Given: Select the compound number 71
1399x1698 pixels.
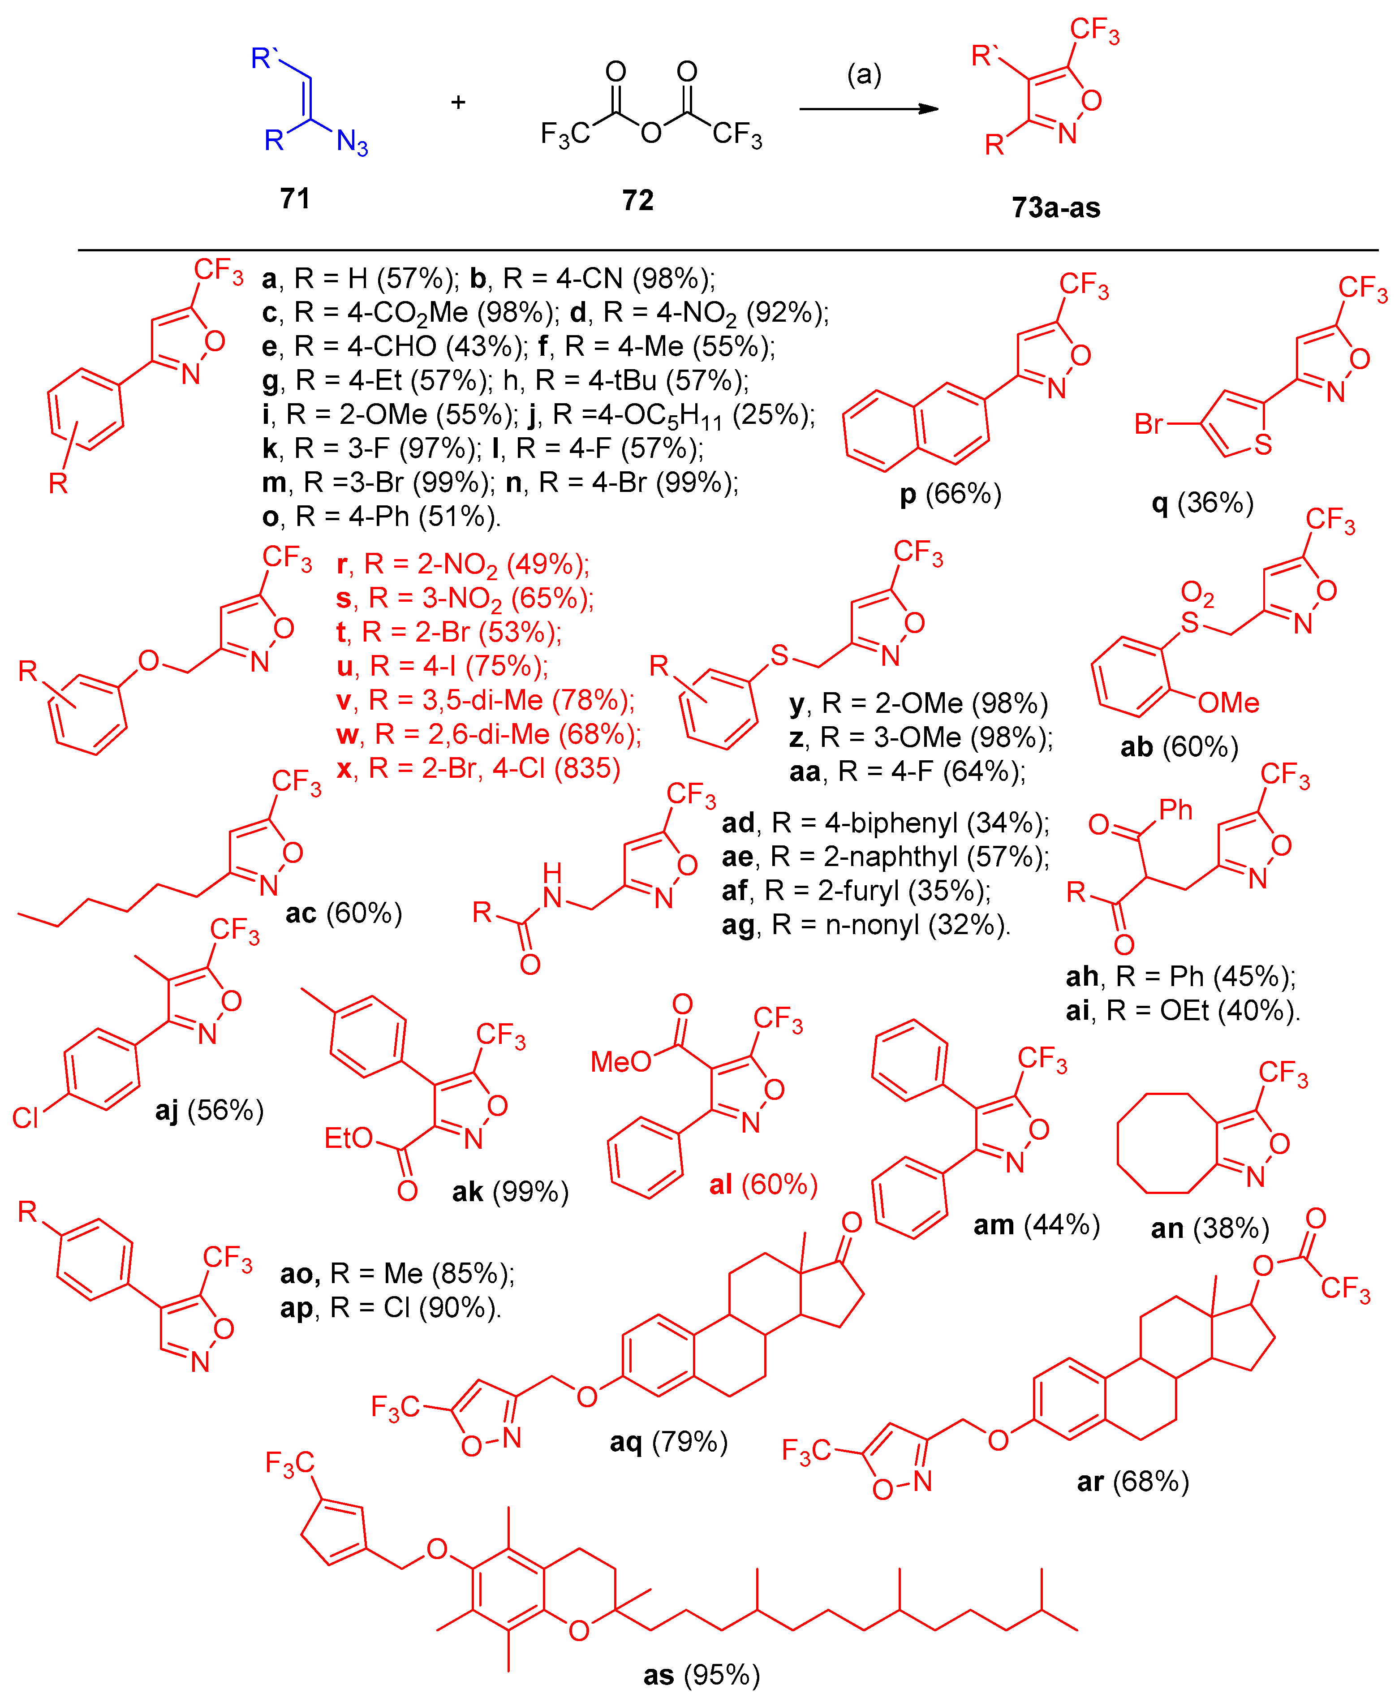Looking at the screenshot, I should click(295, 198).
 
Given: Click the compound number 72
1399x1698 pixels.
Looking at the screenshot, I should click(637, 200).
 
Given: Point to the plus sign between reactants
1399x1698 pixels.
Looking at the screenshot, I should click(458, 102).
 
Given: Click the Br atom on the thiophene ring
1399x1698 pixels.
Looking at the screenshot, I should click(1149, 424).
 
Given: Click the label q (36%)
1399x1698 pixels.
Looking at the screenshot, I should click(1202, 503).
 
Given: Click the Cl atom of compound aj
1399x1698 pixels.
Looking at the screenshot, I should click(26, 1118).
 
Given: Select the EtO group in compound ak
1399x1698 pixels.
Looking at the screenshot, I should click(348, 1138).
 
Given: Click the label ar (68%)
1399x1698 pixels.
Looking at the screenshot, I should click(1133, 1481).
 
